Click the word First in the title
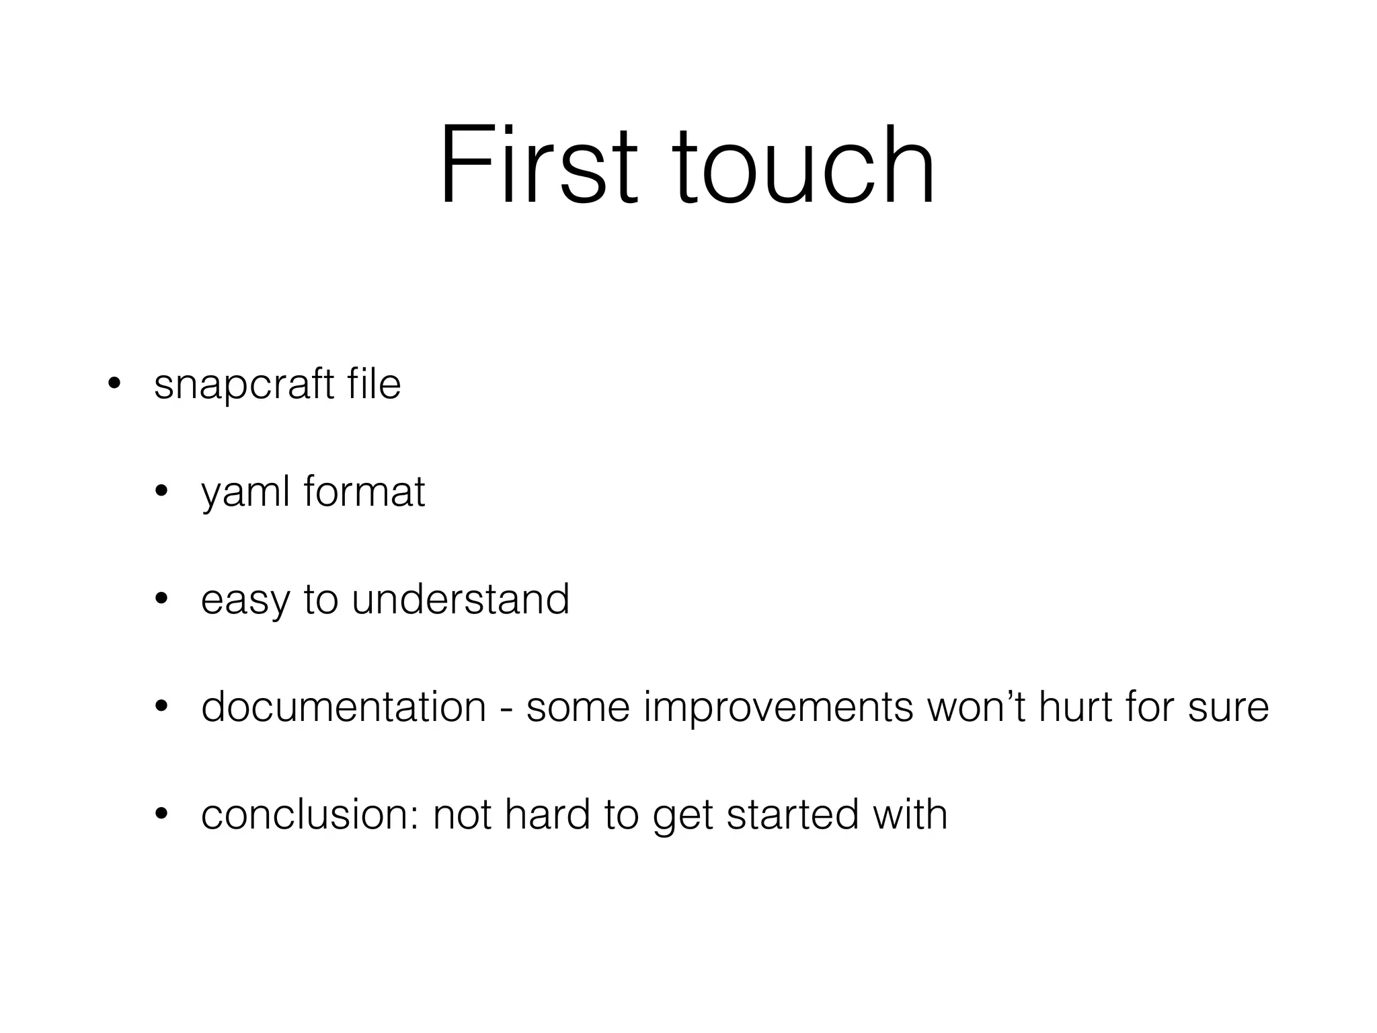tap(538, 165)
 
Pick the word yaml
tap(245, 492)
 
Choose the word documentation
tap(344, 707)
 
